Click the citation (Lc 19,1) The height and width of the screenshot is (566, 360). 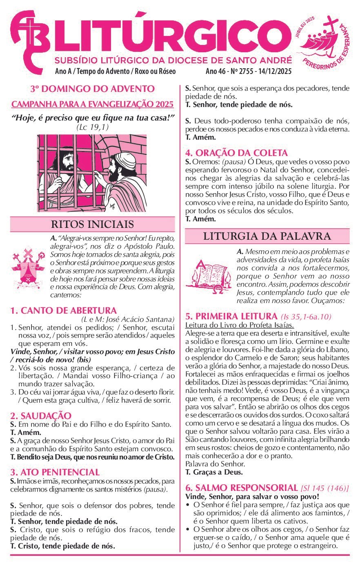tap(92, 127)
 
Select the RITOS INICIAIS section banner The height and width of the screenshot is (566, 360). tap(92, 224)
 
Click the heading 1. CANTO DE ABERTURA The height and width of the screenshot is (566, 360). tap(63, 310)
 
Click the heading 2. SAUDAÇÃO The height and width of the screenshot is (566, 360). tap(41, 416)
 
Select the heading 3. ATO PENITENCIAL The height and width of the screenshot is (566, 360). tap(55, 472)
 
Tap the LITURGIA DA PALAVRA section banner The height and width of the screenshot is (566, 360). tap(267, 236)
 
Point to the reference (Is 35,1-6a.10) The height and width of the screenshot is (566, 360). tap(306, 317)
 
